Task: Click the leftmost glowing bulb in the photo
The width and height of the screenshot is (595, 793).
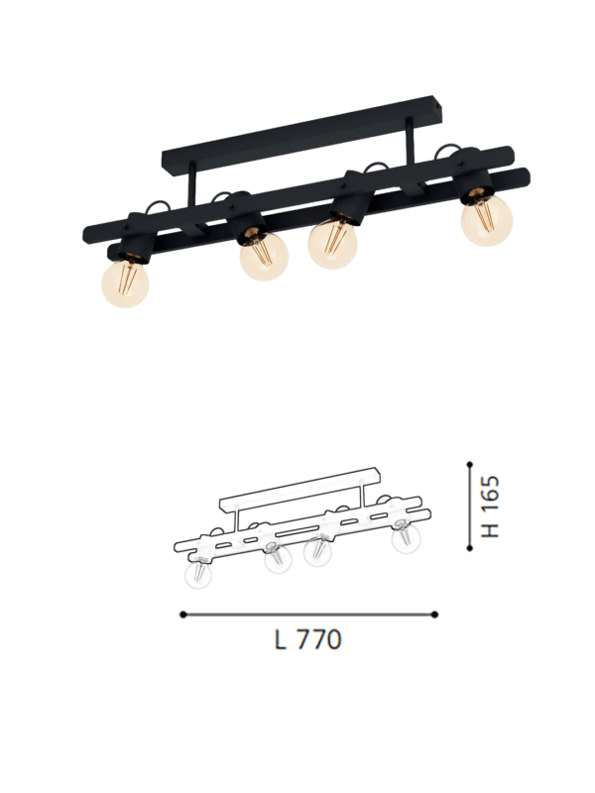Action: pyautogui.click(x=125, y=283)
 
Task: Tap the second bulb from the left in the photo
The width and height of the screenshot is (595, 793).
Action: pyautogui.click(x=264, y=257)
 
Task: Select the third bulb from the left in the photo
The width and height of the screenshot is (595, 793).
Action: pyautogui.click(x=333, y=244)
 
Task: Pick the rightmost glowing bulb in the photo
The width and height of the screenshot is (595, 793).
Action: pyautogui.click(x=486, y=219)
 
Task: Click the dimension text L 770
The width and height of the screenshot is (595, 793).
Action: pyautogui.click(x=307, y=640)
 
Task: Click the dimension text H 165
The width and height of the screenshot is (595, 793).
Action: pyautogui.click(x=491, y=507)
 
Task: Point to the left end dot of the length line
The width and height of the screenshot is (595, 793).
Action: pyautogui.click(x=182, y=615)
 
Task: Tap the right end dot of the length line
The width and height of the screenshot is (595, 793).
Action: pyautogui.click(x=434, y=615)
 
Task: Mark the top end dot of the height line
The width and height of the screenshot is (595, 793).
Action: pyautogui.click(x=469, y=462)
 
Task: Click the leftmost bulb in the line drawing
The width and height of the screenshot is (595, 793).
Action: pyautogui.click(x=198, y=575)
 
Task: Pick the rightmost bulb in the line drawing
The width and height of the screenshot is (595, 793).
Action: pyautogui.click(x=404, y=541)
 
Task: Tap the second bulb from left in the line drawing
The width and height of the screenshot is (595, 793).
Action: pyautogui.click(x=275, y=562)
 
